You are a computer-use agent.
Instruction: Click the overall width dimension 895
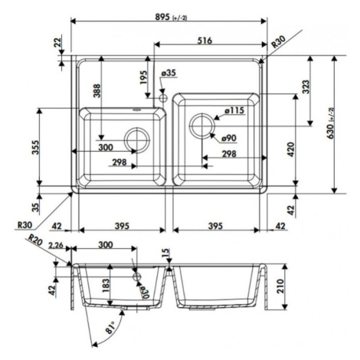click(x=162, y=17)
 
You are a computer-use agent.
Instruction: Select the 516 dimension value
click(x=205, y=41)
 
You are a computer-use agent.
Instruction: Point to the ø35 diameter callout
click(x=169, y=73)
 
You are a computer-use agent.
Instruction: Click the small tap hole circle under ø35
click(x=162, y=98)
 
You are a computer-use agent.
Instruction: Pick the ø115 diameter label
click(x=234, y=110)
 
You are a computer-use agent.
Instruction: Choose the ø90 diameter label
click(x=229, y=139)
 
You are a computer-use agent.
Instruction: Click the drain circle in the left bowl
click(x=137, y=140)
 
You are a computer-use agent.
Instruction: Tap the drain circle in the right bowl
click(x=202, y=126)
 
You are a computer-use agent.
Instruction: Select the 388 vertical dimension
click(x=97, y=90)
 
